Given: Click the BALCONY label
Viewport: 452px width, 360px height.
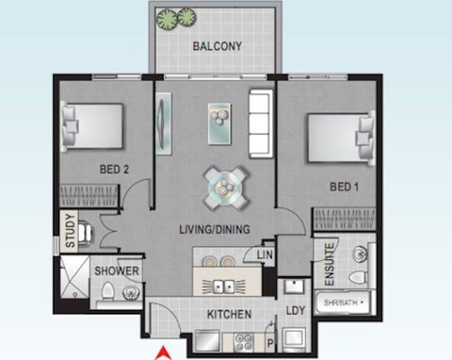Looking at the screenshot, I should pyautogui.click(x=218, y=46).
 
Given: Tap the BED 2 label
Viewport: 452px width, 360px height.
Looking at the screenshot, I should pyautogui.click(x=114, y=170).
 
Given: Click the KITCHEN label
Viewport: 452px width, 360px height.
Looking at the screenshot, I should pyautogui.click(x=229, y=314).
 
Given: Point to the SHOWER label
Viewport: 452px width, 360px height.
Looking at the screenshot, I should pyautogui.click(x=116, y=273).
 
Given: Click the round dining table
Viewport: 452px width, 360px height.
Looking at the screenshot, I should pyautogui.click(x=227, y=188).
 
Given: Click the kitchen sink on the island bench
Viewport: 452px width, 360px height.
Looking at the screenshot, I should pyautogui.click(x=225, y=284).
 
